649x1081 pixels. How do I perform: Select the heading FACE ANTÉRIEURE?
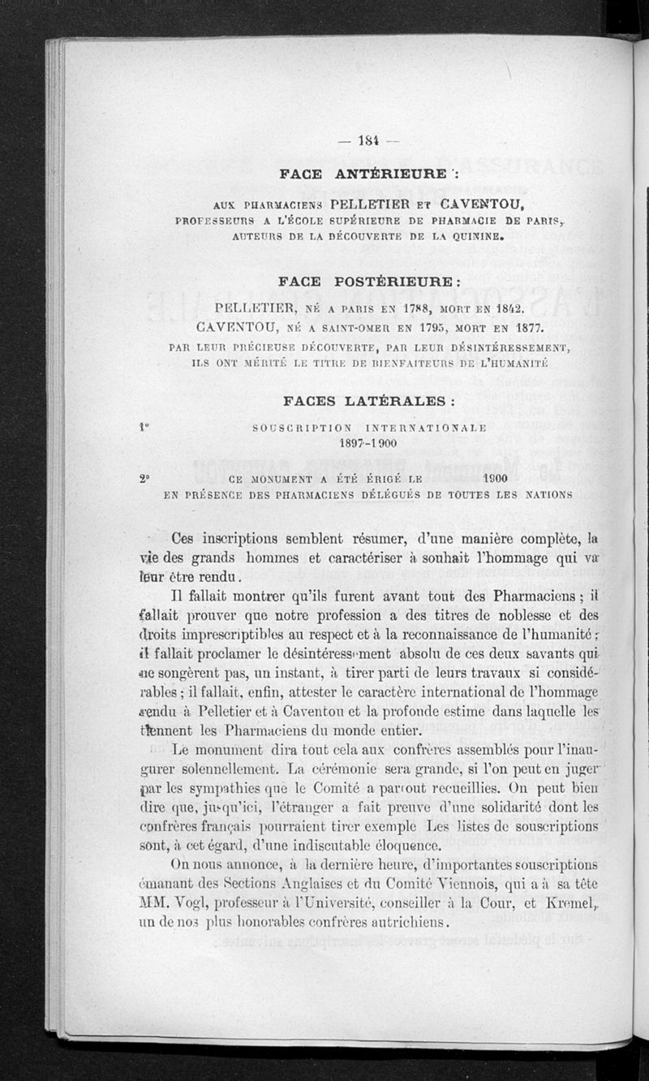[363, 174]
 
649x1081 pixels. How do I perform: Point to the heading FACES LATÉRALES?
[369, 401]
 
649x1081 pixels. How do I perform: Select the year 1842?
[506, 310]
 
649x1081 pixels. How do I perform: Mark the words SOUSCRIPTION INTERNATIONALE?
[369, 428]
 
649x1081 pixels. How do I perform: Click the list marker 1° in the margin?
[144, 425]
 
